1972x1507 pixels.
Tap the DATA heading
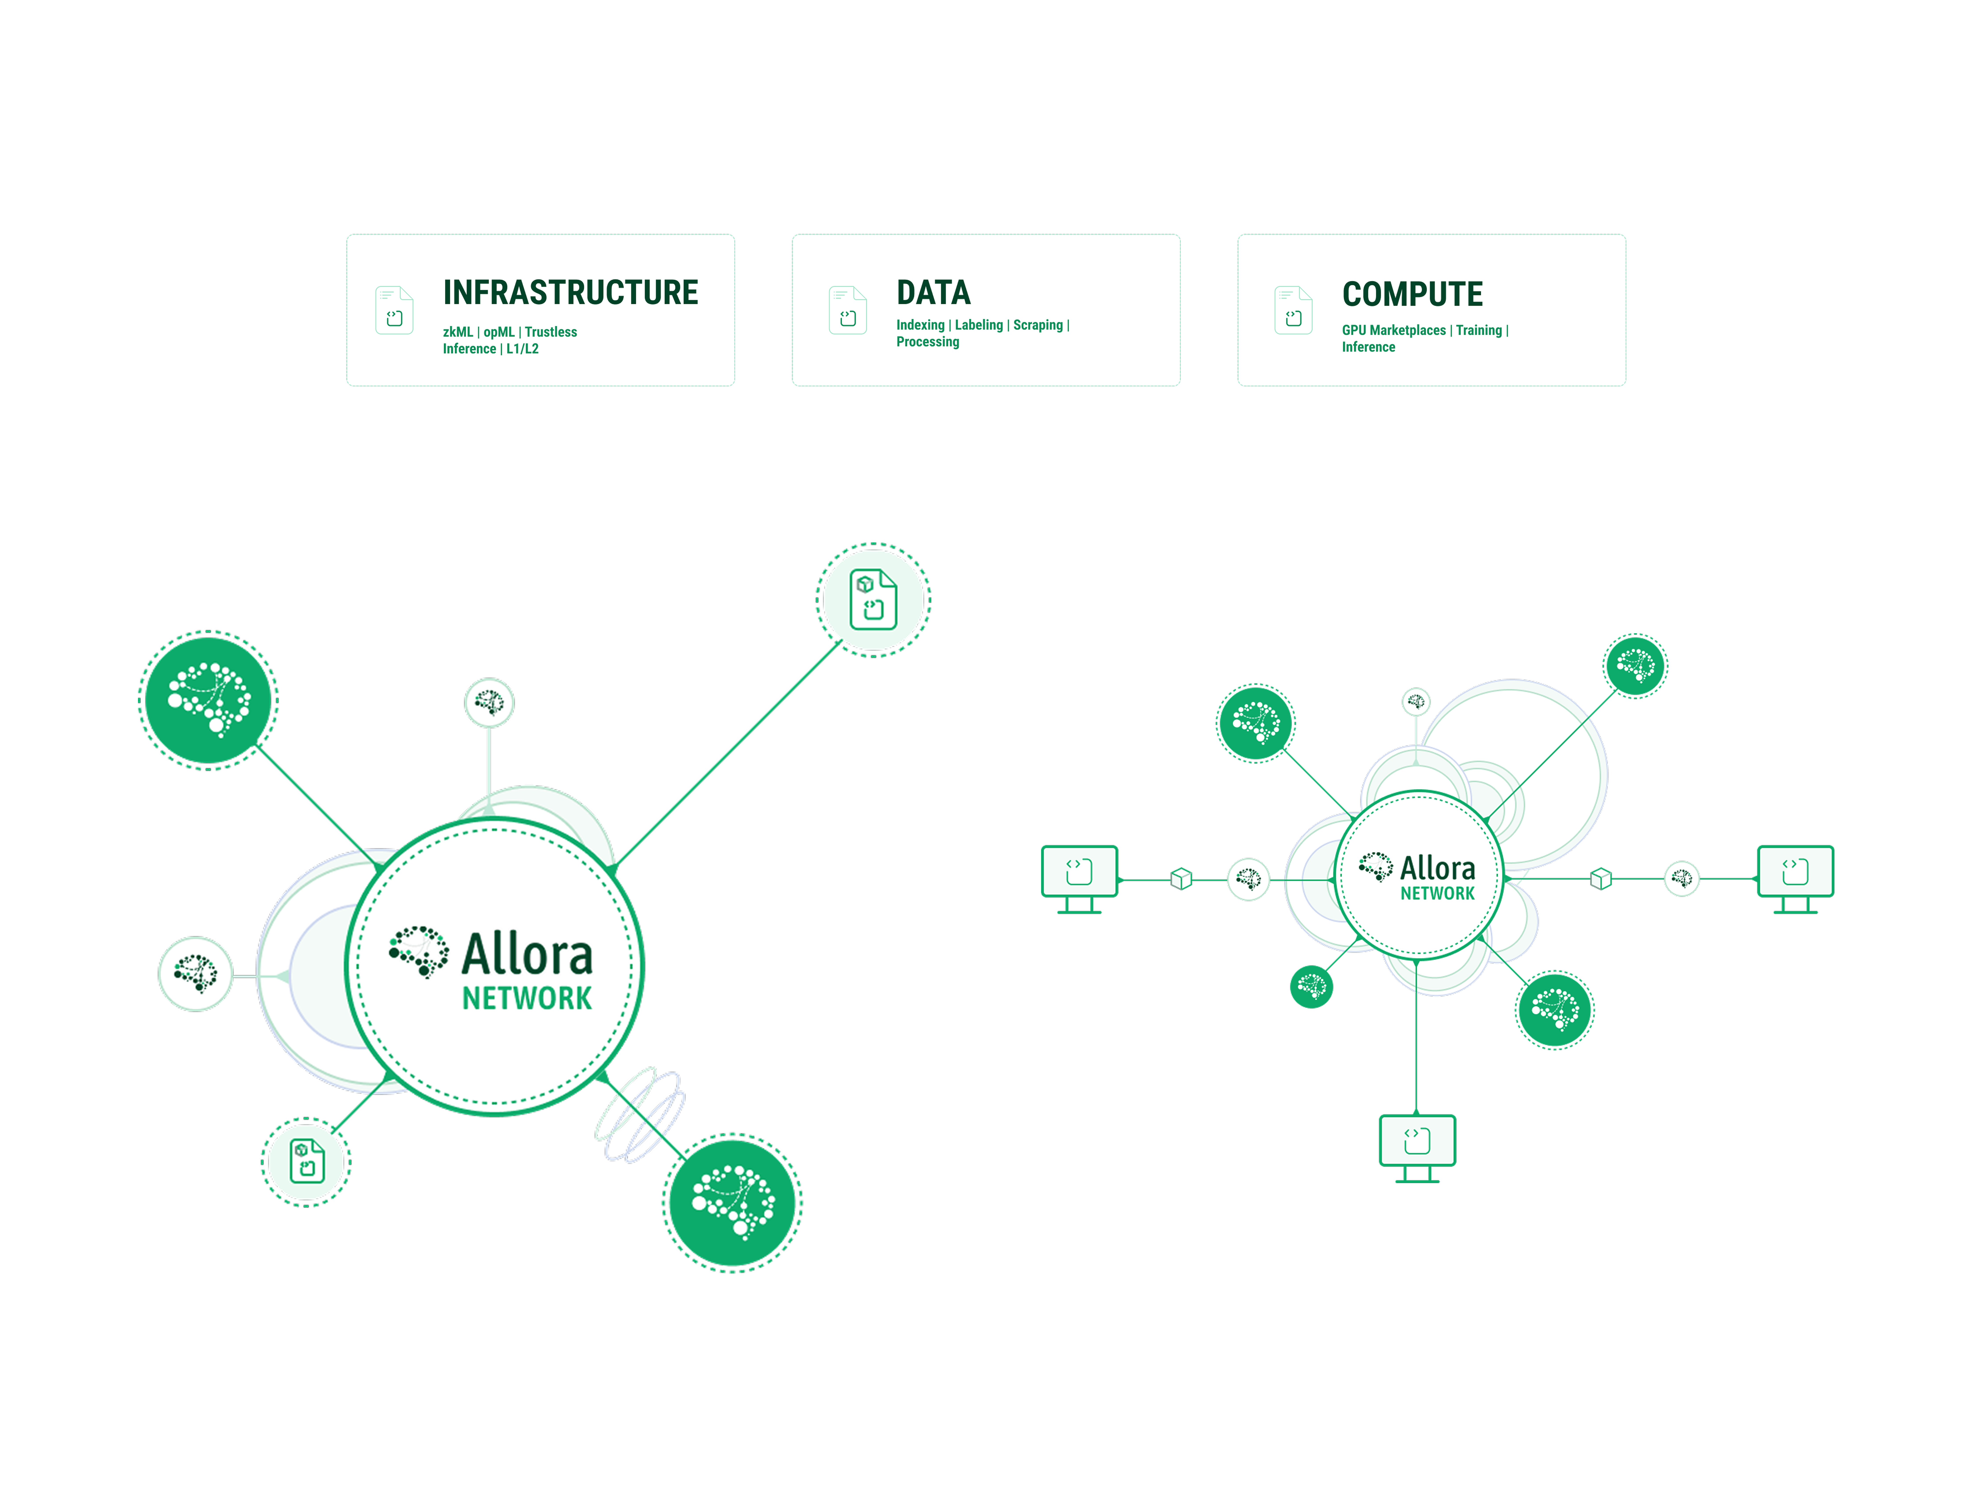pyautogui.click(x=933, y=292)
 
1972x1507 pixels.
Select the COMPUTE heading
pyautogui.click(x=1412, y=294)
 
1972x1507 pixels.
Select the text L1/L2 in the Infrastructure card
pyautogui.click(x=522, y=349)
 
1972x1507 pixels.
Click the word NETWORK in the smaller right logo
pyautogui.click(x=1437, y=893)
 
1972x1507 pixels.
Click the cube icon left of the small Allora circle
pyautogui.click(x=1181, y=879)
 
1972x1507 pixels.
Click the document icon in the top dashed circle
pyautogui.click(x=873, y=599)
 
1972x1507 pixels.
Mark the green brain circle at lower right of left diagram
pyautogui.click(x=732, y=1203)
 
